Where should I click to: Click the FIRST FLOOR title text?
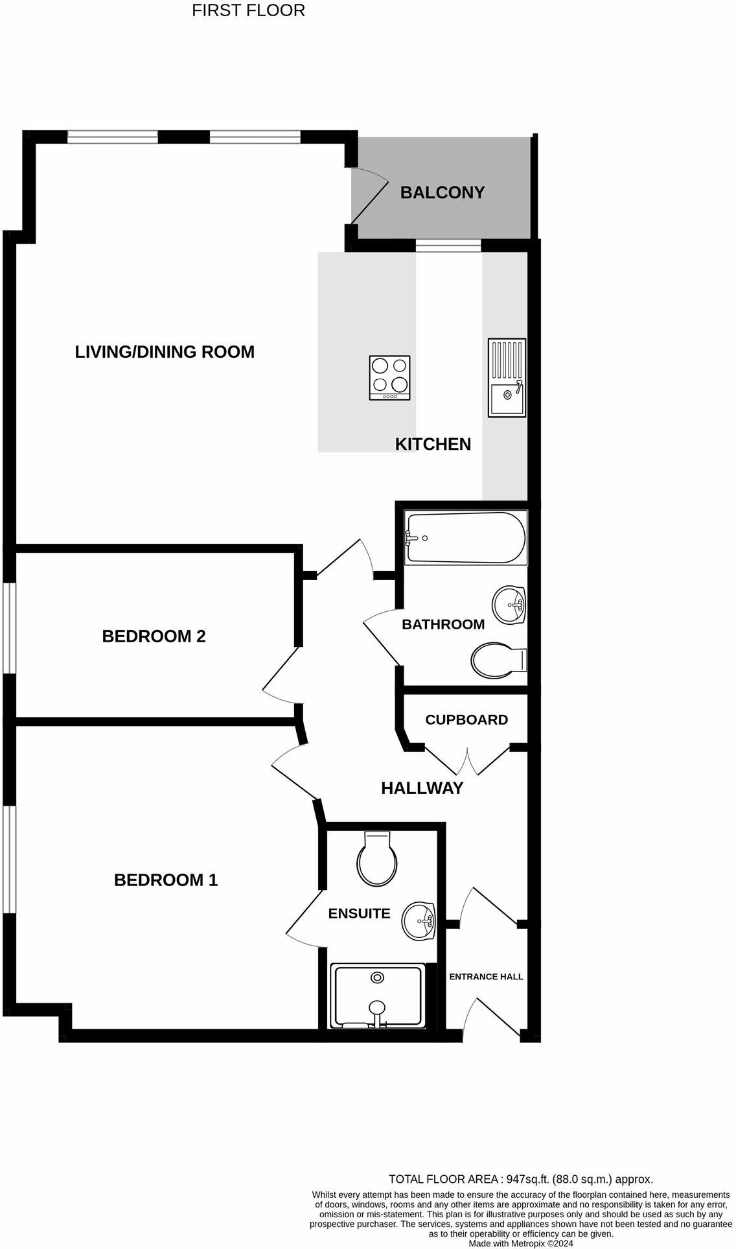[248, 11]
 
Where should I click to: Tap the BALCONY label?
[443, 193]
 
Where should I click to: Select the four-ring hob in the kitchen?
[390, 378]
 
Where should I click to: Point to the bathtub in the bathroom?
[466, 538]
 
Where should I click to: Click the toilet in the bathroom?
[499, 660]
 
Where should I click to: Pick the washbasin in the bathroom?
[509, 605]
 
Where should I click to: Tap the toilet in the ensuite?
[377, 859]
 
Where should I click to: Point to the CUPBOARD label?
[466, 719]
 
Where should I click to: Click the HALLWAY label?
[422, 788]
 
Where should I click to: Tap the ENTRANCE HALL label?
[486, 977]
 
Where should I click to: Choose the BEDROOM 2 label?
[154, 636]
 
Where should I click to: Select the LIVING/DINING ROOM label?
[165, 352]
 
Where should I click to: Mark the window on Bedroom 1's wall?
[10, 860]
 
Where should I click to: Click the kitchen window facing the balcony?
[448, 246]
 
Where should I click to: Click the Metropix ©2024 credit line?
[521, 1243]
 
